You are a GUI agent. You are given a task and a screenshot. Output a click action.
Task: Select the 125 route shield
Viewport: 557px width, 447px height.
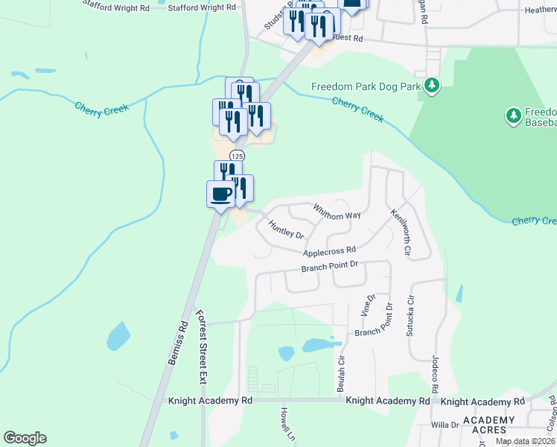tap(237, 156)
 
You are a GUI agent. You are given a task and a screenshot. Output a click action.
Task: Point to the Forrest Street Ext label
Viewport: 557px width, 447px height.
tap(201, 346)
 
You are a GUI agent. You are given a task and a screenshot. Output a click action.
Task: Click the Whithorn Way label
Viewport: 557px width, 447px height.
tap(337, 211)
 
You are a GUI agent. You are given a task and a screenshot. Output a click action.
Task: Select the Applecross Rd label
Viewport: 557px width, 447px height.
tap(330, 252)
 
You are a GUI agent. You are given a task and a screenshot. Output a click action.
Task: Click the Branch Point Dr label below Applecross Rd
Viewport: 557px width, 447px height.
tap(330, 265)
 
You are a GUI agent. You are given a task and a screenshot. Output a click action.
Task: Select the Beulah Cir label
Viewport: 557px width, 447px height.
tap(341, 378)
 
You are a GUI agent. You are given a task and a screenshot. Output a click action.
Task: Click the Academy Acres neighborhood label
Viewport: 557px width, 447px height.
tap(488, 425)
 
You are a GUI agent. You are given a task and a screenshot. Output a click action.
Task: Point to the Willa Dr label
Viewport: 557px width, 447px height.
tap(445, 425)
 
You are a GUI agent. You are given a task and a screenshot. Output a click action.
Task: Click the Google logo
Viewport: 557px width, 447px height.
tap(25, 438)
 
